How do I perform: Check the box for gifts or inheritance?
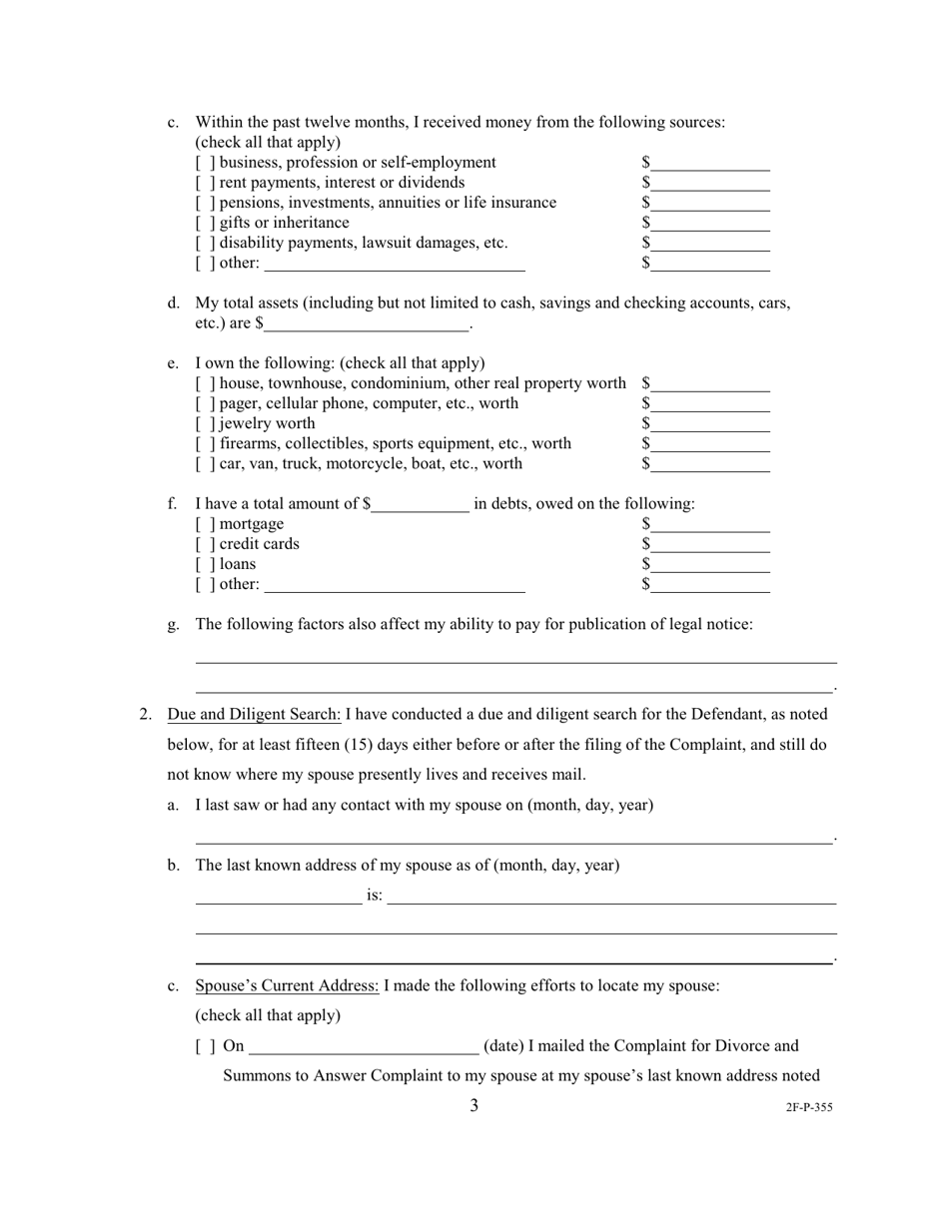tap(205, 223)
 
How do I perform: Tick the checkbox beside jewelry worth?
tap(205, 423)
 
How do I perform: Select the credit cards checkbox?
tap(205, 544)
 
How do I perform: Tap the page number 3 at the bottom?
tap(474, 1105)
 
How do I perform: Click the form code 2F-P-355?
tap(809, 1107)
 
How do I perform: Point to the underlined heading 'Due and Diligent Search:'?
tap(254, 714)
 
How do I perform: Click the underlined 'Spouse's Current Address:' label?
tap(287, 985)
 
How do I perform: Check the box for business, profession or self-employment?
tap(205, 163)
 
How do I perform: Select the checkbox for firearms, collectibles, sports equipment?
tap(205, 443)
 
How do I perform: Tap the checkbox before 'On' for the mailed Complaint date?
tap(205, 1046)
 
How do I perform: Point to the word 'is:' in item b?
tap(375, 896)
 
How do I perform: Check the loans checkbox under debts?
tap(205, 564)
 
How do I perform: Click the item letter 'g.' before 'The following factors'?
tap(174, 624)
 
